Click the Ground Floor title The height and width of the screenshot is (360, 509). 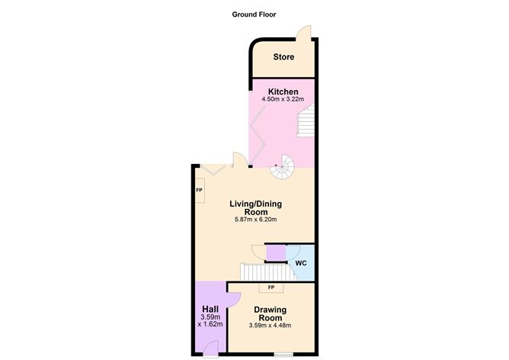[x=254, y=14]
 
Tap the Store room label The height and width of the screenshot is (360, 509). [x=283, y=57]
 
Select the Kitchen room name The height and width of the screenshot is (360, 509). [x=283, y=92]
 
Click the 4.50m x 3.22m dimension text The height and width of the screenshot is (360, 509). [x=283, y=99]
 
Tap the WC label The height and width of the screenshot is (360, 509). [x=301, y=263]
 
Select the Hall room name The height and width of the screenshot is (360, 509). [x=210, y=308]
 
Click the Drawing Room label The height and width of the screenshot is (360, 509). [x=270, y=313]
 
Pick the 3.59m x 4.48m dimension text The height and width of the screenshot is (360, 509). [x=270, y=326]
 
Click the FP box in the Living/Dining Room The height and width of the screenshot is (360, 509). [x=199, y=190]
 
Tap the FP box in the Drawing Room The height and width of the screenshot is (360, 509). [x=271, y=288]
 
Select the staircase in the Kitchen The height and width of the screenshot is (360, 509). [x=306, y=122]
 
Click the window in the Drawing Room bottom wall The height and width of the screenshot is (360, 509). [x=285, y=355]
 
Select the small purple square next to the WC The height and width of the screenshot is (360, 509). [x=276, y=252]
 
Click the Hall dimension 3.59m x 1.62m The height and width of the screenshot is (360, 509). [x=210, y=321]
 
